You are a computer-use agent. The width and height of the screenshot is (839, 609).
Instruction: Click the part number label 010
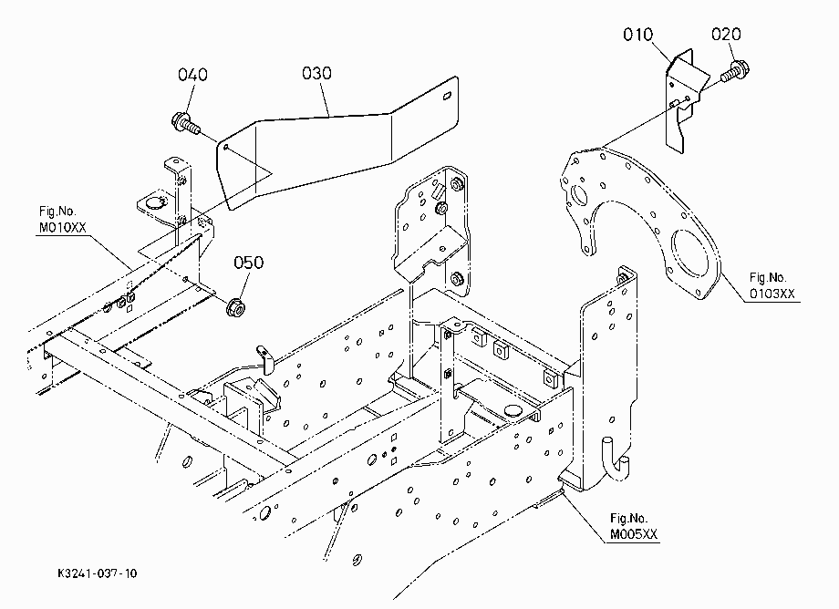tap(637, 35)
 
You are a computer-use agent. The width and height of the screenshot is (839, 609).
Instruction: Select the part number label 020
tap(726, 35)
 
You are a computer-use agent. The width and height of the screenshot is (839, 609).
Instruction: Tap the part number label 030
tap(316, 73)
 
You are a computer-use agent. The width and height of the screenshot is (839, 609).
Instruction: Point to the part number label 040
tap(192, 75)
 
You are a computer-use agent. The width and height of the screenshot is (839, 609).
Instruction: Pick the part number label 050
tap(249, 263)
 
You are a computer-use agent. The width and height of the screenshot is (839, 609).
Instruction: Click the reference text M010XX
tap(63, 228)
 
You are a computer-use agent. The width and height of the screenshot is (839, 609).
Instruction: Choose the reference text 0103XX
tap(772, 294)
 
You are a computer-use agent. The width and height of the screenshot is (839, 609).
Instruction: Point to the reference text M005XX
tap(634, 534)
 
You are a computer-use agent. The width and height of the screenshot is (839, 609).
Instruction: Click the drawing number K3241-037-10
tap(98, 573)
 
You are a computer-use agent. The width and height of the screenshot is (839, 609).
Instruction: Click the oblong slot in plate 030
tap(446, 97)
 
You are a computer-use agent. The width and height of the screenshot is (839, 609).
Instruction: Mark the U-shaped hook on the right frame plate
tap(616, 459)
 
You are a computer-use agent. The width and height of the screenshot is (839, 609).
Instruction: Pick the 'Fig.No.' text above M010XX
tap(57, 212)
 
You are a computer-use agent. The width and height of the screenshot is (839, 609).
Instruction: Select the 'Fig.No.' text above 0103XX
tap(768, 277)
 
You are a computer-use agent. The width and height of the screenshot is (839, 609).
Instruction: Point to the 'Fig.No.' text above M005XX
tap(628, 518)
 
